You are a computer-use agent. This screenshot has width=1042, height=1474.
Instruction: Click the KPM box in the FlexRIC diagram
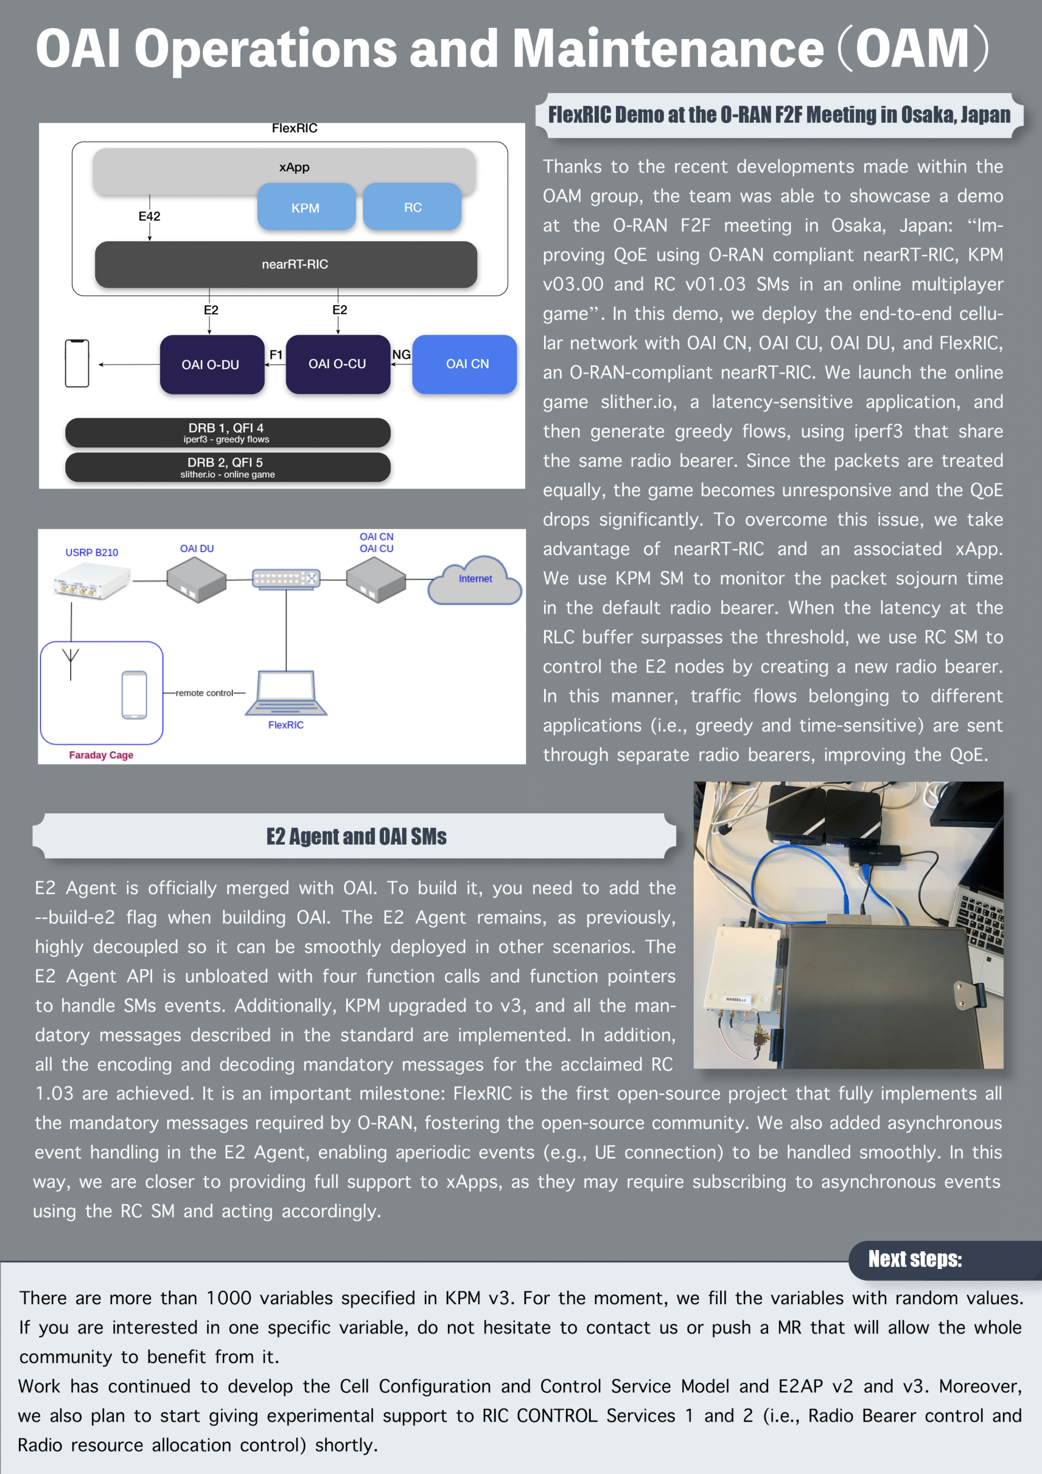pos(306,207)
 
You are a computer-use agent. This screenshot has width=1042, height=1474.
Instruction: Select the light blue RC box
pos(412,207)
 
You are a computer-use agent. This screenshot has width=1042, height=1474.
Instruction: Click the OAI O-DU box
pos(211,364)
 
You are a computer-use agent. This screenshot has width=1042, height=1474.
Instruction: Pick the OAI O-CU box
pos(338,364)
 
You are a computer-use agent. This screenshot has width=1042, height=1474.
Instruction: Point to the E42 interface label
pos(150,216)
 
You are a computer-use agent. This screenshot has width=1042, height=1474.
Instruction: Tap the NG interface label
pos(401,354)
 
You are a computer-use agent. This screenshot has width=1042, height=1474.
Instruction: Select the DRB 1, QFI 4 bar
pos(227,432)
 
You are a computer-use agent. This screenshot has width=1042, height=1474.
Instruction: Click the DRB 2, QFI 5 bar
pos(227,468)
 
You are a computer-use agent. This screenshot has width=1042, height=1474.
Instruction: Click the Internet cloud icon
pos(475,580)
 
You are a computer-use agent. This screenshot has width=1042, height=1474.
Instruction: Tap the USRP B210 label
pos(92,552)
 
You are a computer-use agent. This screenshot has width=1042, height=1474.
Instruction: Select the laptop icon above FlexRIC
pos(286,693)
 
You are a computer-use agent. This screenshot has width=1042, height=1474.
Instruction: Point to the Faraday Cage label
pos(101,755)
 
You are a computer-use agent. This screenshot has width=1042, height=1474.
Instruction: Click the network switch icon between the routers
pos(286,579)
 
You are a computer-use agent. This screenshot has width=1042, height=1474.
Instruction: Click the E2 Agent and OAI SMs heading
pos(356,837)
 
